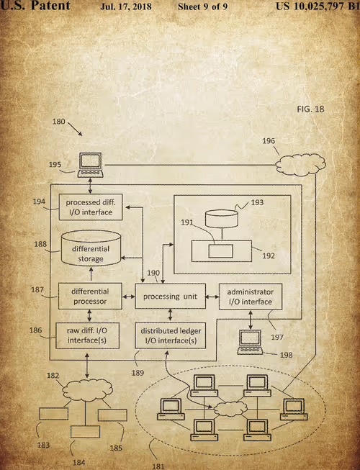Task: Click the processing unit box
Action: tap(170, 296)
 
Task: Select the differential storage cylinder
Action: tap(91, 248)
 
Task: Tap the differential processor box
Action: tap(90, 296)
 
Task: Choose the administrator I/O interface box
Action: tap(251, 297)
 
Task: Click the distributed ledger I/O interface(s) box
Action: tap(170, 335)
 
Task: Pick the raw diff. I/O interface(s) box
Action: tap(88, 335)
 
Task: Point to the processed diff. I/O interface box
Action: tap(91, 207)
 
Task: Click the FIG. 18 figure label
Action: tap(310, 109)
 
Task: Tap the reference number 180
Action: tap(59, 122)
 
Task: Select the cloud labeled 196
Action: tap(300, 165)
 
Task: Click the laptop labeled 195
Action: tap(91, 165)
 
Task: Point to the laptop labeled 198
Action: tap(251, 343)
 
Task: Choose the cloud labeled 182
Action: tap(88, 390)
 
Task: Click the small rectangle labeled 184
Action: tap(86, 432)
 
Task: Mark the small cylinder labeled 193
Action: tap(222, 219)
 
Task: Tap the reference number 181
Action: tap(158, 466)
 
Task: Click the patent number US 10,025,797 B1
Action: tap(318, 6)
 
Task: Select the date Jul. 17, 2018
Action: tap(126, 6)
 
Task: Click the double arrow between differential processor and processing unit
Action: tap(129, 297)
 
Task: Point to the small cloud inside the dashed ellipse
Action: tap(230, 409)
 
